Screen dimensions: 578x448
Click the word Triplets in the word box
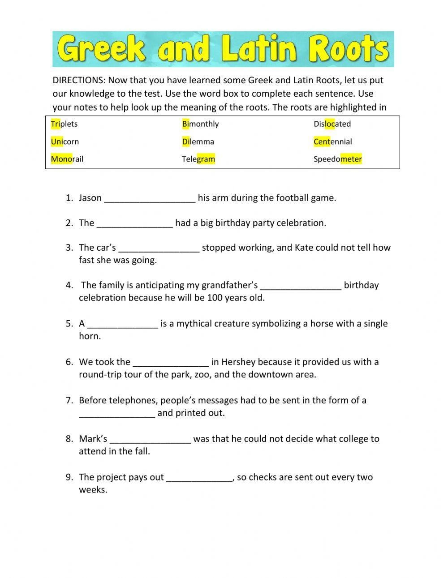(64, 124)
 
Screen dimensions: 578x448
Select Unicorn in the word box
(65, 141)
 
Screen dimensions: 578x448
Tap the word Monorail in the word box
(67, 159)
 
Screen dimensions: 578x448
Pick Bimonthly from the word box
(200, 124)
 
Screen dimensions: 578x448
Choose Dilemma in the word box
(198, 141)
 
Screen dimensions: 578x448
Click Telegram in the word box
(198, 159)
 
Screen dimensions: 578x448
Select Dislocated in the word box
(332, 124)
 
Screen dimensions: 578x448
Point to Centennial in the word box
(332, 141)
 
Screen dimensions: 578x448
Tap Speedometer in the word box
(337, 159)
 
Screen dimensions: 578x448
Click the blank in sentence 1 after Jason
(150, 198)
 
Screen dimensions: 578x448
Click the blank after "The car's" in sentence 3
(159, 248)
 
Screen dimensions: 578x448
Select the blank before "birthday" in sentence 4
(301, 286)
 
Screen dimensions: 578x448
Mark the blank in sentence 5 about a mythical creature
(123, 324)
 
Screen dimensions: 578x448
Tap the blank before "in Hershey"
(171, 362)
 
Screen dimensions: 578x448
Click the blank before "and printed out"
(117, 413)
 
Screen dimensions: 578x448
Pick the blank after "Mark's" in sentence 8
(150, 439)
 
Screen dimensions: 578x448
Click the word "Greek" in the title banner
(102, 49)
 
